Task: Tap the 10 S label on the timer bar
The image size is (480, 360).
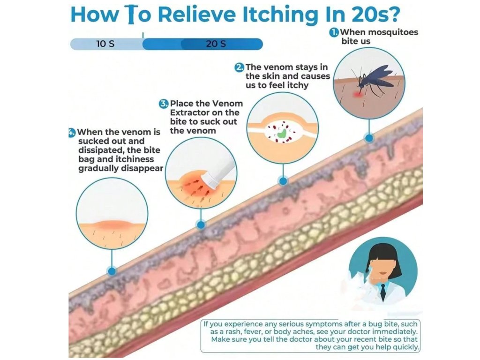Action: tap(105, 44)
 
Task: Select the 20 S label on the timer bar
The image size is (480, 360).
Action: tap(216, 44)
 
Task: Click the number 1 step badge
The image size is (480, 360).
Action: tap(334, 32)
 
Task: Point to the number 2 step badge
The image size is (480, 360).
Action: tap(239, 67)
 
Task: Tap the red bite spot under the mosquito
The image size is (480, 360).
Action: tap(358, 94)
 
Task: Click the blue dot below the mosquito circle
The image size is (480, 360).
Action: tap(369, 138)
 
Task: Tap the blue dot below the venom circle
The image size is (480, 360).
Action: tap(282, 180)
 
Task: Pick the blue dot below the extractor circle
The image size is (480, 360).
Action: tap(201, 225)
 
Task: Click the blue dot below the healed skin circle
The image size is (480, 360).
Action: tap(112, 270)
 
